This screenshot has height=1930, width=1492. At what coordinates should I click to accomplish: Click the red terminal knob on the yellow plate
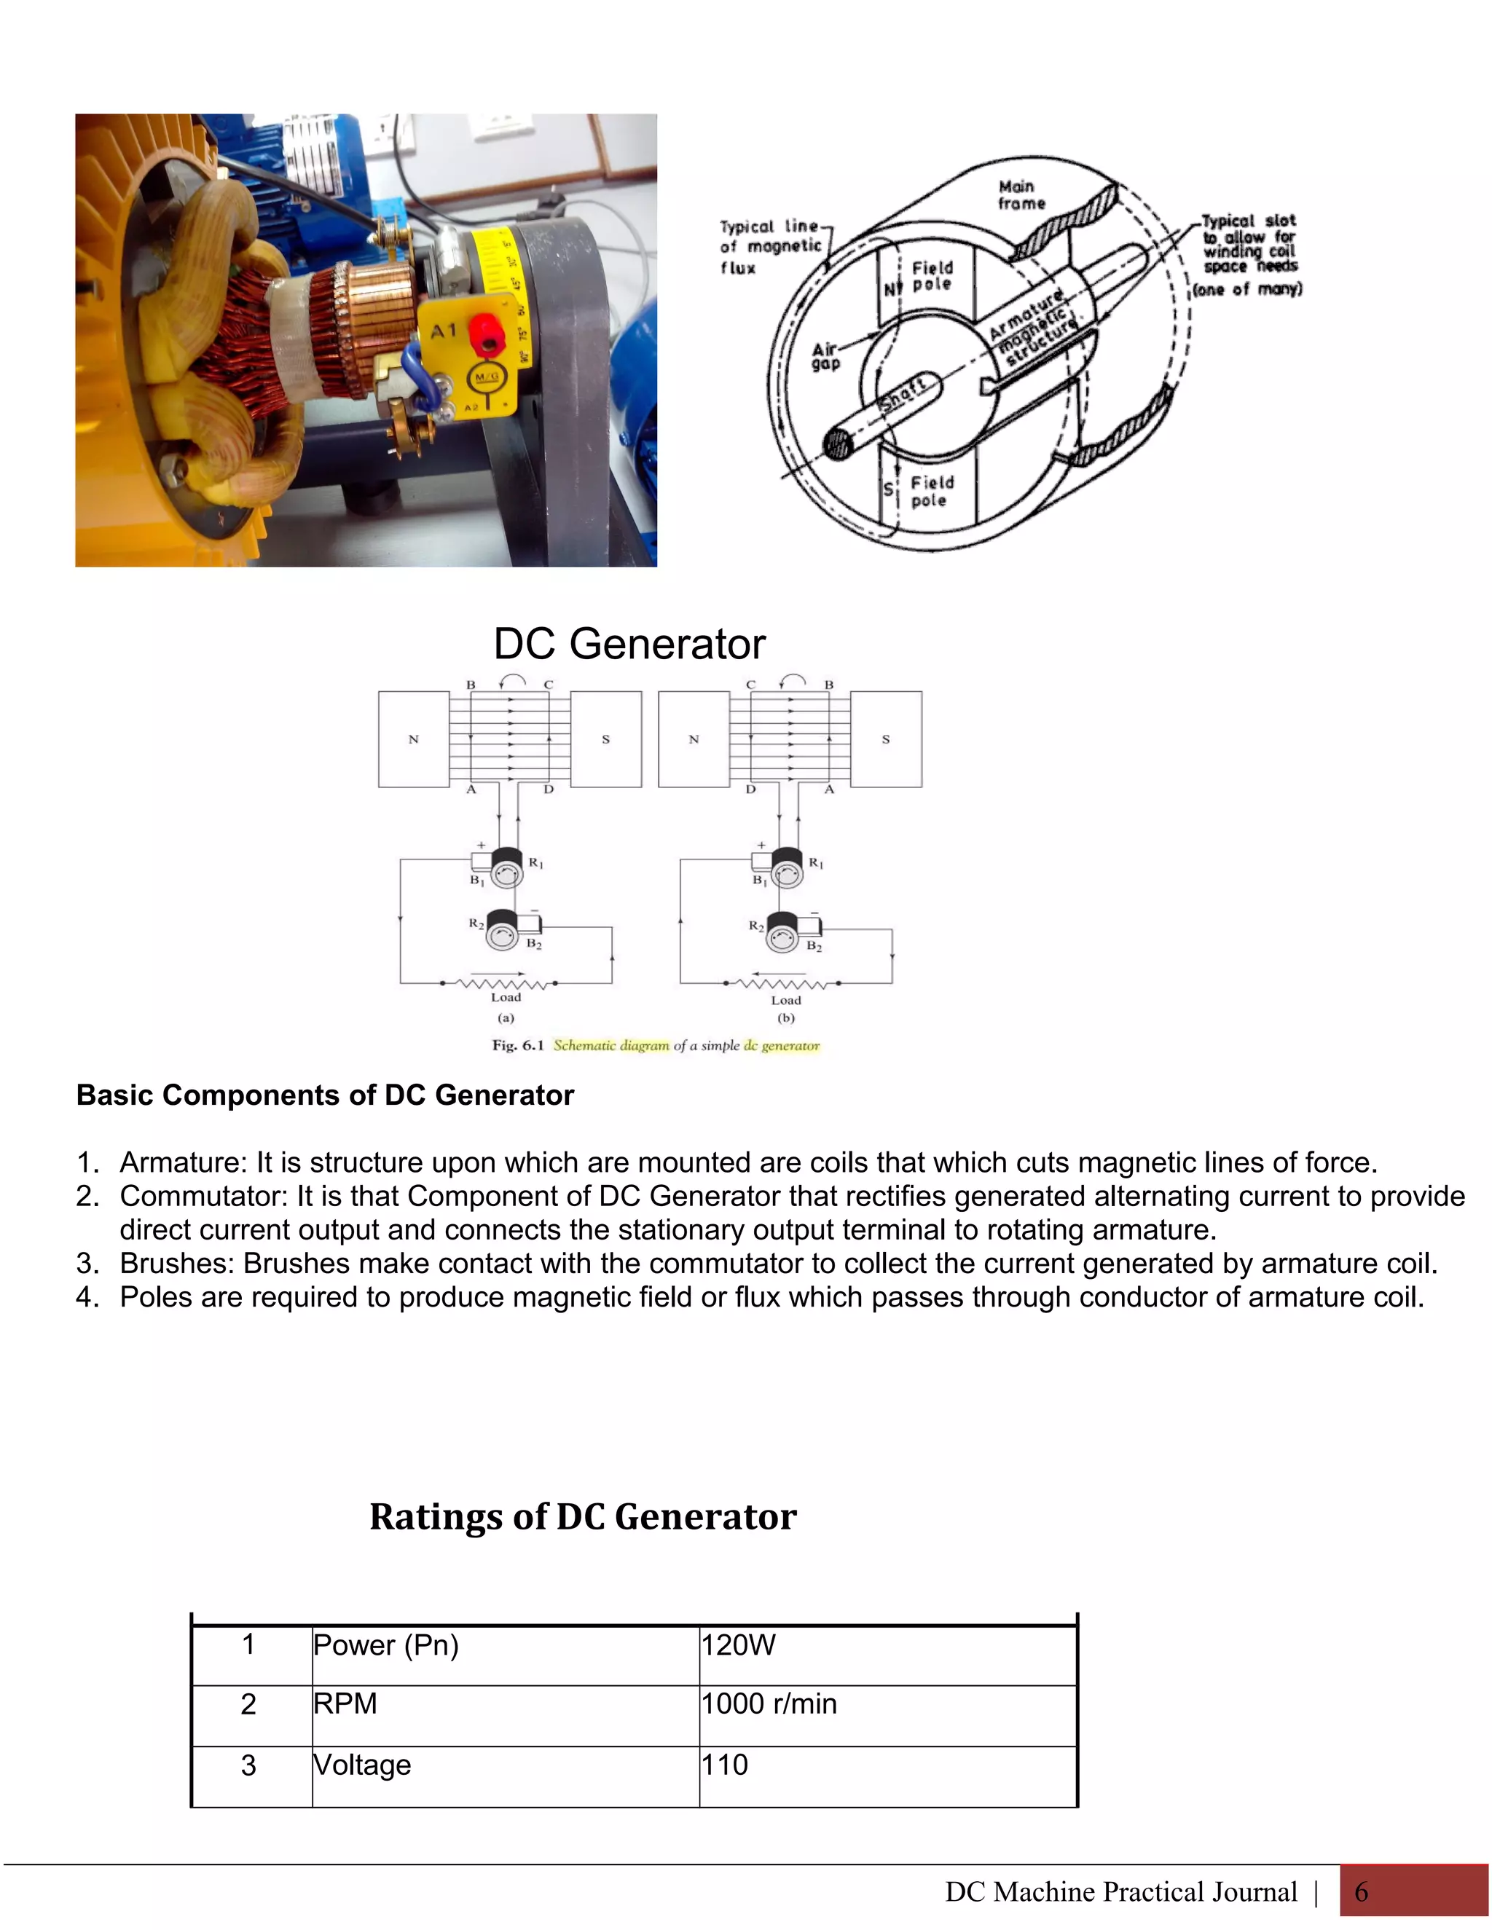[484, 331]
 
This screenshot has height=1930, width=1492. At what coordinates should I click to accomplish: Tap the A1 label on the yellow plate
[444, 331]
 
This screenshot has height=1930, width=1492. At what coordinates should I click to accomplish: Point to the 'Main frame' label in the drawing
[1021, 194]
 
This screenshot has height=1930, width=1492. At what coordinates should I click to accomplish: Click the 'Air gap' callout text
[825, 356]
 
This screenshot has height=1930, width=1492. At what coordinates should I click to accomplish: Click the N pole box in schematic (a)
[413, 738]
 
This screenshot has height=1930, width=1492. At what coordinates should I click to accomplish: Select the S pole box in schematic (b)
[886, 738]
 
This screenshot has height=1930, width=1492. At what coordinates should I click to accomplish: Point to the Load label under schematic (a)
[506, 997]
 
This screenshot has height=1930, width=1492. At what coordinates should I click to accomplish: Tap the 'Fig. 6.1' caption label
[517, 1045]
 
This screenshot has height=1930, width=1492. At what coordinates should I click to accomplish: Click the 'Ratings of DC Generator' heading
[583, 1516]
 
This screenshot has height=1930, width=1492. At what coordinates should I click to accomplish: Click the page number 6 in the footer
[1360, 1891]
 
